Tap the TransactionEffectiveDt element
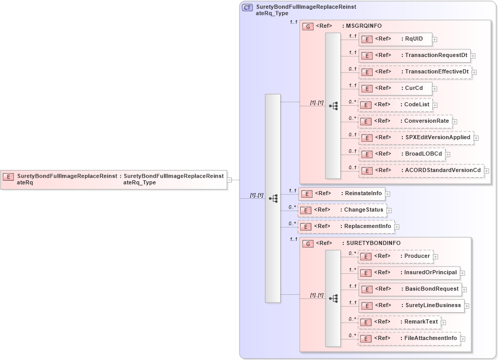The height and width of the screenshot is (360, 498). pyautogui.click(x=415, y=72)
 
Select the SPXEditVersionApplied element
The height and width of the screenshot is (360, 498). pyautogui.click(x=416, y=138)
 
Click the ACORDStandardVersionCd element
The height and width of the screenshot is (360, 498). pyautogui.click(x=421, y=170)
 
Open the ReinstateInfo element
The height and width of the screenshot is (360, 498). pyautogui.click(x=342, y=194)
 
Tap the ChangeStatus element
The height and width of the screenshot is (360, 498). pyautogui.click(x=342, y=210)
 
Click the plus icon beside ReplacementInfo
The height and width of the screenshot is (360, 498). pyautogui.click(x=397, y=226)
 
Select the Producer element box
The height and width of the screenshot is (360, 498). pyautogui.click(x=395, y=256)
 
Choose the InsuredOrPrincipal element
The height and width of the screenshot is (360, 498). pyautogui.click(x=409, y=273)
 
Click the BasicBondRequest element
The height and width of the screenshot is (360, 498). pyautogui.click(x=410, y=289)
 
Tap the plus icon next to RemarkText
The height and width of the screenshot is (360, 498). pyautogui.click(x=444, y=323)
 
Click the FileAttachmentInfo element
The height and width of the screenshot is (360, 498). pyautogui.click(x=409, y=338)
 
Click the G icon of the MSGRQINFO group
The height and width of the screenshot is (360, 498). pyautogui.click(x=308, y=26)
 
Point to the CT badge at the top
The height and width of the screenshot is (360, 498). pyautogui.click(x=247, y=8)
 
